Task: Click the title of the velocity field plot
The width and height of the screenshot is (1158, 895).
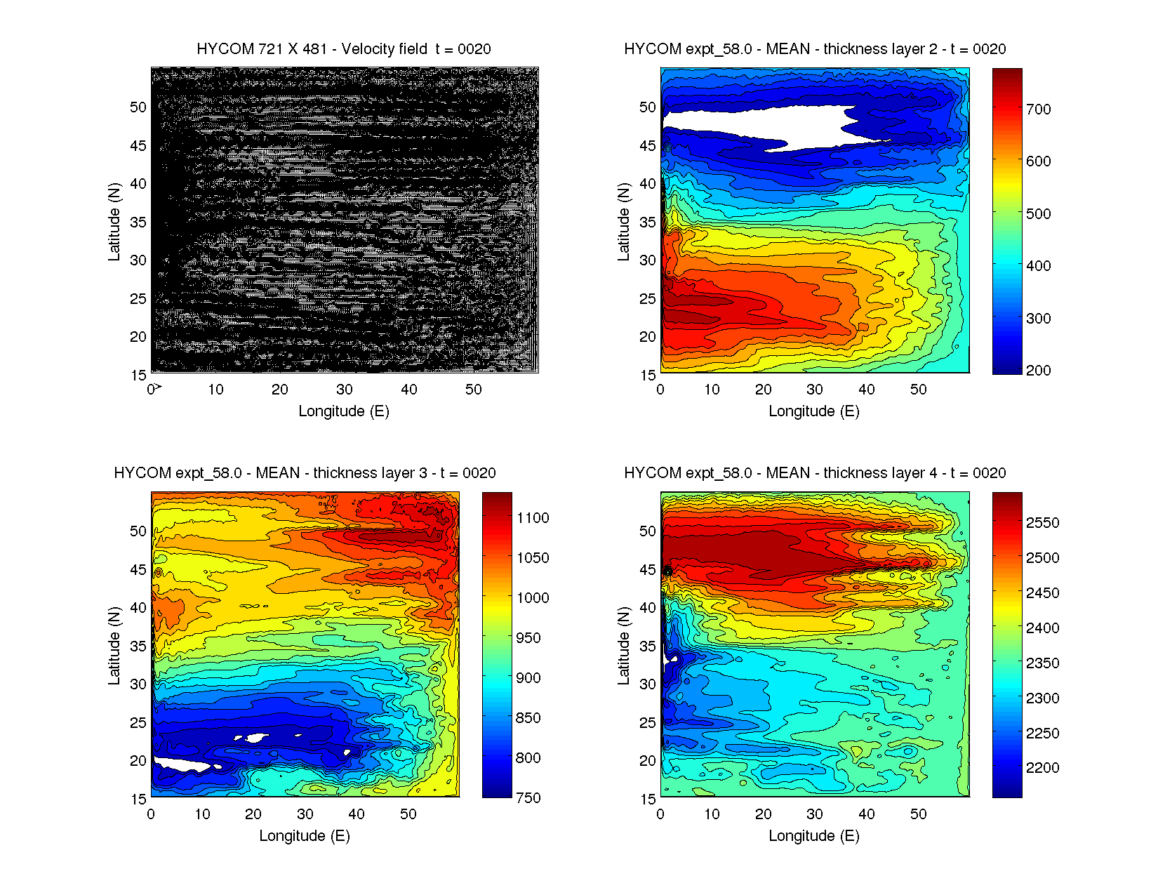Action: pos(344,49)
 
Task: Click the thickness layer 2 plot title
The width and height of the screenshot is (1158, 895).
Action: pos(815,49)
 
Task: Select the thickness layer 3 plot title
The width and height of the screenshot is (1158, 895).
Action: pos(305,473)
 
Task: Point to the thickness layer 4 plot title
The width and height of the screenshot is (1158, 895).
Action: pos(815,473)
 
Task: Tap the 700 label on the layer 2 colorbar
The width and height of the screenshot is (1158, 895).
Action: pos(1038,109)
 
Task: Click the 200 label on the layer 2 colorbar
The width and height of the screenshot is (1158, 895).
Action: pos(1038,371)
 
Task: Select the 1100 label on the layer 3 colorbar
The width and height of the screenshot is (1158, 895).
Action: pos(533,518)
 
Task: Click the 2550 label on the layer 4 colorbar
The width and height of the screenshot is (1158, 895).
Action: pos(1042,523)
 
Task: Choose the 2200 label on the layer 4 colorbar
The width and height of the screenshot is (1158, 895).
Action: pos(1042,768)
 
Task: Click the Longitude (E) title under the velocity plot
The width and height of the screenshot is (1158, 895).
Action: pos(344,411)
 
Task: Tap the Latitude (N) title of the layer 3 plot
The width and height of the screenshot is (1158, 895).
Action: pos(114,646)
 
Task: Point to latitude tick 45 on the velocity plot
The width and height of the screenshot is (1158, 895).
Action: pos(138,146)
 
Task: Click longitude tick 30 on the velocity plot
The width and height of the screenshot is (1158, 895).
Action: pos(344,390)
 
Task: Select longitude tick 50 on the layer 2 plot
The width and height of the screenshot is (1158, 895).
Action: pos(918,390)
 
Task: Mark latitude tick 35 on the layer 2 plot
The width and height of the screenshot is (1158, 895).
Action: pos(648,223)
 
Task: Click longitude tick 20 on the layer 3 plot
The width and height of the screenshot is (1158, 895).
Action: pos(253,814)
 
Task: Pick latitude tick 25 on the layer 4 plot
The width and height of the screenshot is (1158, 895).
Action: pos(648,723)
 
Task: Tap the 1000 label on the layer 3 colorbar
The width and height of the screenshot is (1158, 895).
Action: pos(533,598)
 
